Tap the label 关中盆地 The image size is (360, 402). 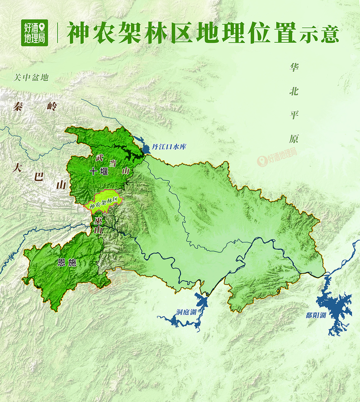[31, 78]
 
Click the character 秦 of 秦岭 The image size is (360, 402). [18, 107]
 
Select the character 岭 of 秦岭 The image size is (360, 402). [53, 107]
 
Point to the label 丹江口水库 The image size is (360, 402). [172, 146]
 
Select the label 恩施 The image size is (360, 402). [67, 262]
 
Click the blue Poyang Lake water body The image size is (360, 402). [335, 306]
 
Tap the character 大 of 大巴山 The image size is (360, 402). [17, 169]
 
